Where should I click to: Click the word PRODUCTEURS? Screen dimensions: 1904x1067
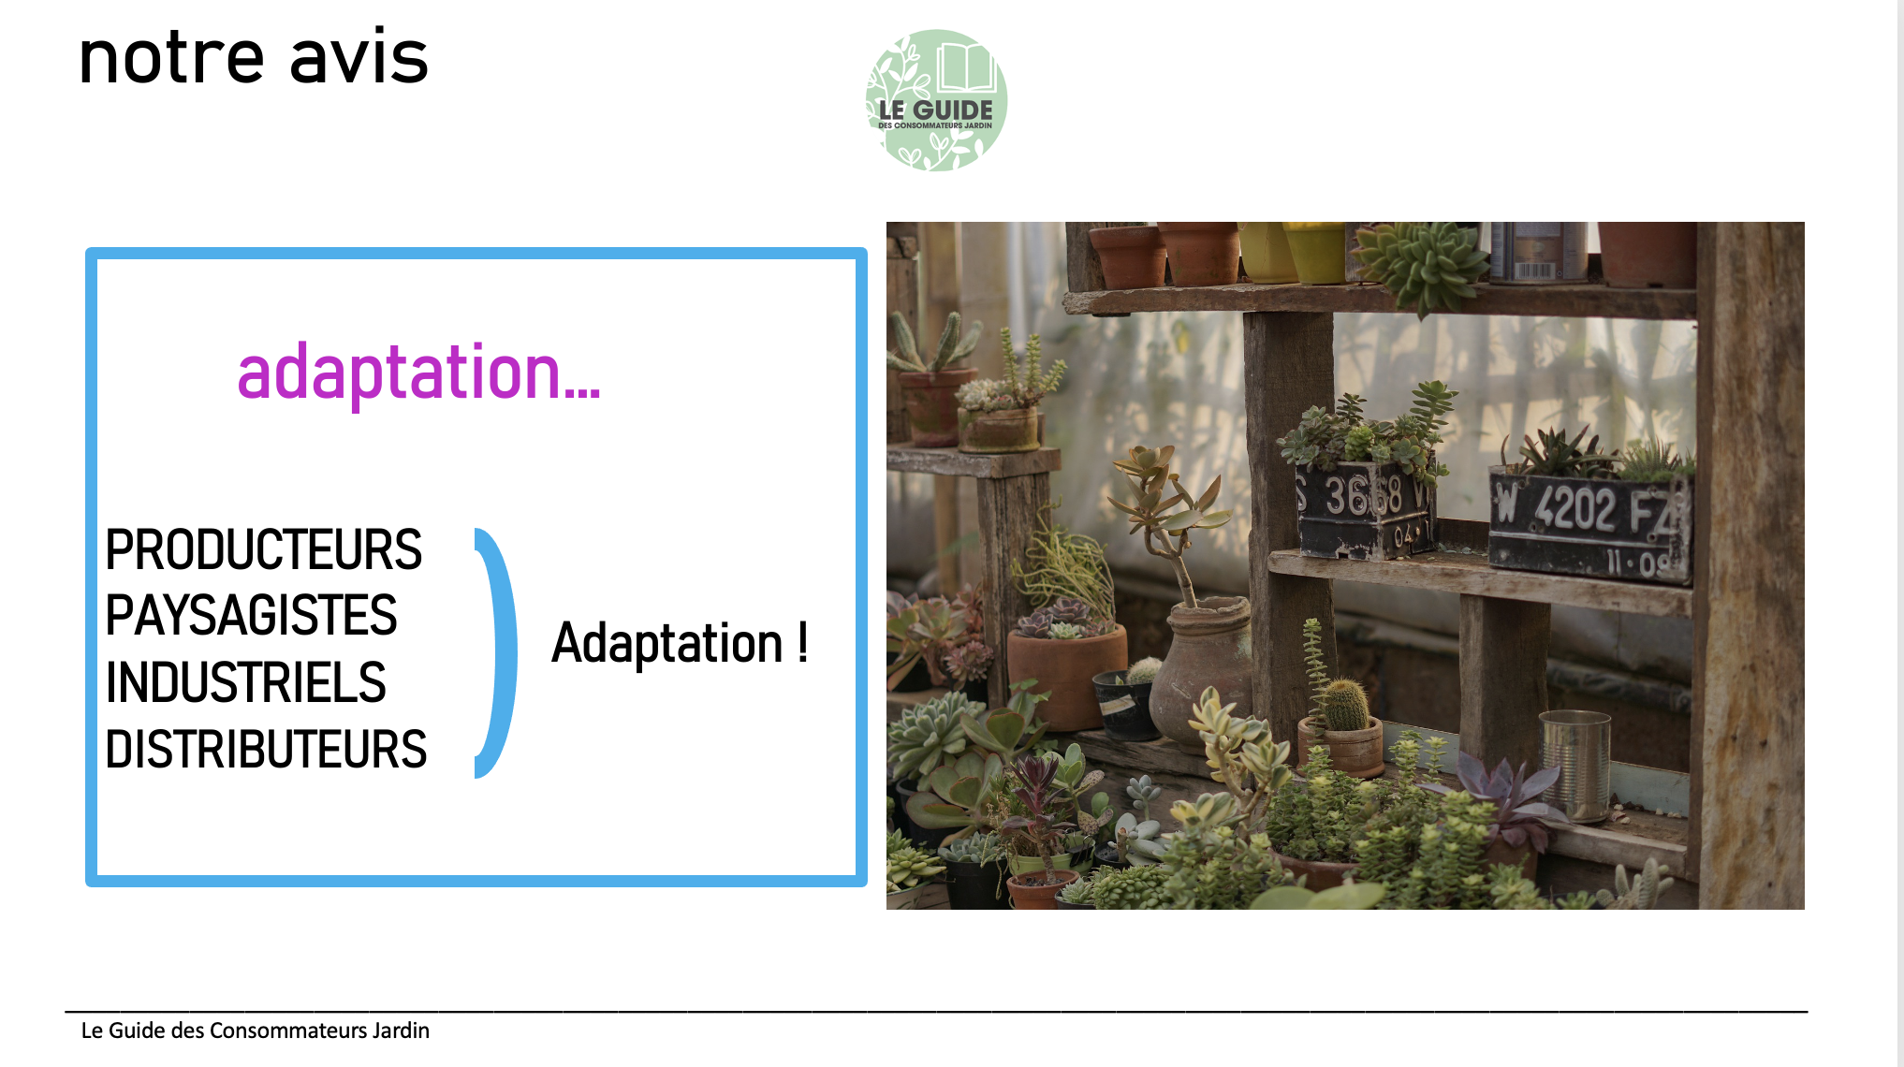click(x=263, y=549)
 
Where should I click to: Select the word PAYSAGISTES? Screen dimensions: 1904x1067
click(x=251, y=616)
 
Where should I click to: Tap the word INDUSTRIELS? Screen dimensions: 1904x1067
click(x=245, y=682)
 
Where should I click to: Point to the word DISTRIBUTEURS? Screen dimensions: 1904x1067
click(x=266, y=750)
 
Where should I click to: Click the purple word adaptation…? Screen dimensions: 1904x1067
click(x=418, y=373)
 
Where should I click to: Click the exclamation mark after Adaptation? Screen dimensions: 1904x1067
click(x=802, y=642)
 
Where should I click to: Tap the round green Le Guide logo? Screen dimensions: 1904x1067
click(x=936, y=100)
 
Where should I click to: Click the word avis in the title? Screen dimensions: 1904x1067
click(x=359, y=57)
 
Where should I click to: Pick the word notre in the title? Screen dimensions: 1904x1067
click(x=171, y=59)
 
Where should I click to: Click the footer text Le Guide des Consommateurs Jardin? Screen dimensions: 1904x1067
click(x=256, y=1030)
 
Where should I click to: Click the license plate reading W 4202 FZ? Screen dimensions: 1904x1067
click(x=1590, y=524)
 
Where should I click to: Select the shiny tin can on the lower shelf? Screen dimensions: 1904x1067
click(x=1574, y=764)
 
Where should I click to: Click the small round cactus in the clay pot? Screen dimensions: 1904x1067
click(x=1346, y=704)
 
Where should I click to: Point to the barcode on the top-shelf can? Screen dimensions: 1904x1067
click(x=1533, y=270)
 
